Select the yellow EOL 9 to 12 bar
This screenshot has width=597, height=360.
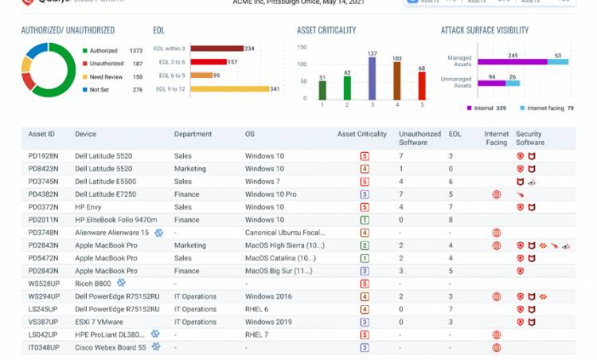tap(229, 88)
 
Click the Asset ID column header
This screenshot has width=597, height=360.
tap(41, 134)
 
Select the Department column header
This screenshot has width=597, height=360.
tap(193, 134)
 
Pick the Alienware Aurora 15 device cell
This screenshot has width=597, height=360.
tap(111, 233)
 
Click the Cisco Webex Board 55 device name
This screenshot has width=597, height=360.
tap(111, 347)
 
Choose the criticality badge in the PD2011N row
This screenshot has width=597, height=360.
tap(364, 220)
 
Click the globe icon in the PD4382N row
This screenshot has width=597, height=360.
tap(497, 194)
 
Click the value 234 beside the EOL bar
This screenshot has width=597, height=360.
tap(249, 49)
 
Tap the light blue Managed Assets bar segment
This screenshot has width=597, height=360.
tap(558, 61)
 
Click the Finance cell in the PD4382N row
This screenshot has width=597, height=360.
tap(187, 194)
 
